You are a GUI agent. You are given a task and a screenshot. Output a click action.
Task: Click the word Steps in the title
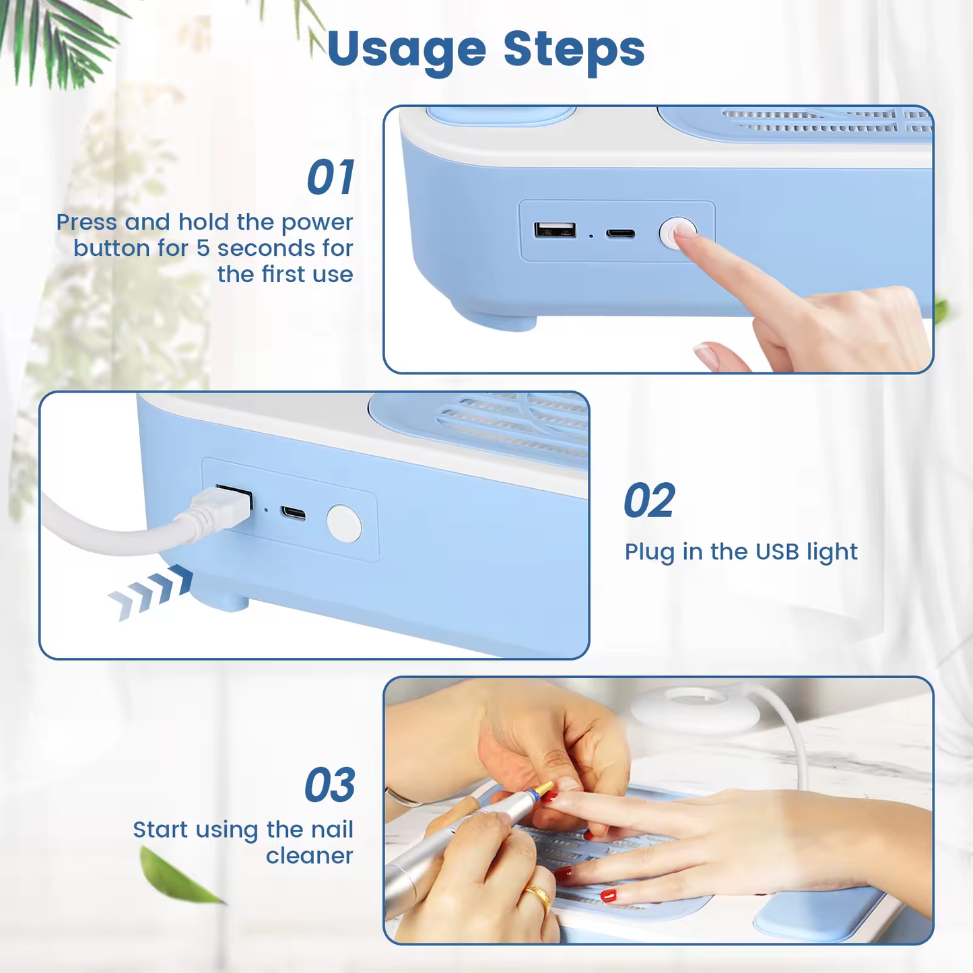tap(574, 49)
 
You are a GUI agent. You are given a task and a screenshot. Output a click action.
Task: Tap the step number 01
tap(330, 178)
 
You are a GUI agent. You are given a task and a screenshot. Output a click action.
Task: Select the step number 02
tap(648, 501)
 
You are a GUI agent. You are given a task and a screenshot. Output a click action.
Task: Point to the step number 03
tap(329, 785)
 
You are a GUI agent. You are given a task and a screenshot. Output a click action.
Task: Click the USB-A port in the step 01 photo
tap(555, 230)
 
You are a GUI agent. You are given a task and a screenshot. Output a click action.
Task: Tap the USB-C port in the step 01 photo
tap(620, 234)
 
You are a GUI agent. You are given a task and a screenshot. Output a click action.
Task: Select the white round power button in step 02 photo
tap(343, 523)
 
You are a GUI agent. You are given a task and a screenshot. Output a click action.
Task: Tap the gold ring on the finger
tap(537, 896)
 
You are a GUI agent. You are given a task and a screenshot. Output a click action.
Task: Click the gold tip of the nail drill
tap(543, 788)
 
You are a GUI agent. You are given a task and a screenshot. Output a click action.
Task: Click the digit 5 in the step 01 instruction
tap(203, 248)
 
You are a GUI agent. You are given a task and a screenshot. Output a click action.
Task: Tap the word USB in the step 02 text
tap(777, 552)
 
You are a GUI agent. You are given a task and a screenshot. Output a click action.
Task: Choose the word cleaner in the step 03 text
tap(309, 856)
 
